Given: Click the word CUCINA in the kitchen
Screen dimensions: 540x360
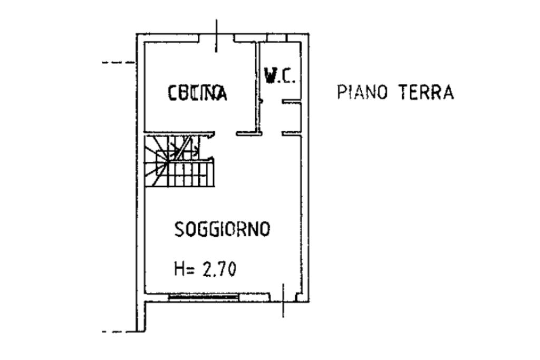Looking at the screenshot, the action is (198, 93).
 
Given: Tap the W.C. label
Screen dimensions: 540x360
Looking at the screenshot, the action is (279, 75).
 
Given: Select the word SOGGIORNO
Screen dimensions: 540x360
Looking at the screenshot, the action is (223, 229).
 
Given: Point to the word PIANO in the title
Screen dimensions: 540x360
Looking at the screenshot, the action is (363, 92).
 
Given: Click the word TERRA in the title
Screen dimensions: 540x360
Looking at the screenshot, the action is (426, 92).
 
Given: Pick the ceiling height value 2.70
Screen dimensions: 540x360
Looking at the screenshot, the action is (219, 269).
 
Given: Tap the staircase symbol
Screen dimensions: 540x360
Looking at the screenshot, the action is (179, 161).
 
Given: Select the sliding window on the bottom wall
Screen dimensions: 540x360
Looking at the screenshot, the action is (204, 297).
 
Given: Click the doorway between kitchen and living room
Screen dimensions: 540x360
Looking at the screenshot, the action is (225, 133).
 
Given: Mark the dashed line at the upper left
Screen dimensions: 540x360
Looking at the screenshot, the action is (119, 63).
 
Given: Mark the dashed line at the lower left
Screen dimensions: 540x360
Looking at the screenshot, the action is (119, 332).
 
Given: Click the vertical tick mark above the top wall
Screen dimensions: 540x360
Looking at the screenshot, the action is (216, 36).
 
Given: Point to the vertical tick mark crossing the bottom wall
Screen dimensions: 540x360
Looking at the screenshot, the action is (283, 300).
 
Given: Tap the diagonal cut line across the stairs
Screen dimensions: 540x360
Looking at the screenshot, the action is (183, 148).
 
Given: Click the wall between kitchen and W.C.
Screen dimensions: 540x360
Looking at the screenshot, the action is (257, 88).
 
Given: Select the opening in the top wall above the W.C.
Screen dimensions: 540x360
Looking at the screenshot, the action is (277, 38).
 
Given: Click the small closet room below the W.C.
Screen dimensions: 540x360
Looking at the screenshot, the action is (292, 118).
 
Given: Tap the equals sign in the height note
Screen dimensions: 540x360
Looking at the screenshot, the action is (192, 270).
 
